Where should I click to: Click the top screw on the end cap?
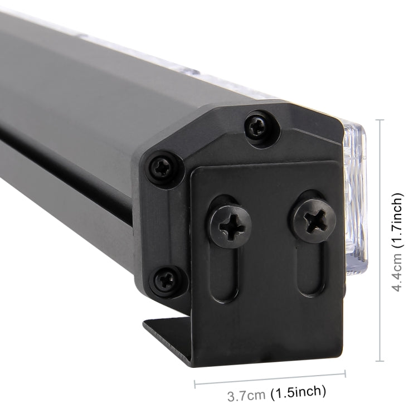(257, 127)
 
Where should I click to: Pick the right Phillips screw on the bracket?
(315, 221)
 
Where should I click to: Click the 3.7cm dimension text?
(246, 395)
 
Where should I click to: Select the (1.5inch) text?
(299, 392)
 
